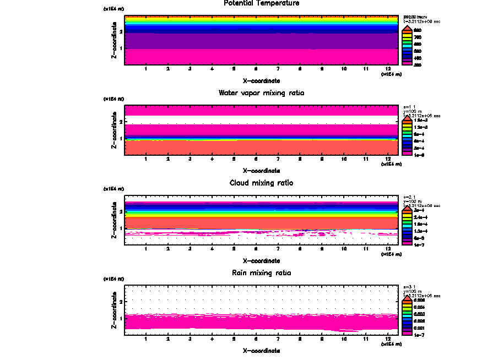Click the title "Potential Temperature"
tap(262, 3)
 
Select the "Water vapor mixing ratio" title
tap(262, 93)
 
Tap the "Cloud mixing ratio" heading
tap(262, 183)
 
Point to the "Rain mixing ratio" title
tap(262, 273)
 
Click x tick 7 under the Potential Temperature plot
tap(278, 69)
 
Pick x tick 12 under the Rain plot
tap(388, 339)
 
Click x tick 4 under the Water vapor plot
tap(212, 159)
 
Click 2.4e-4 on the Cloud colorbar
tap(420, 217)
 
